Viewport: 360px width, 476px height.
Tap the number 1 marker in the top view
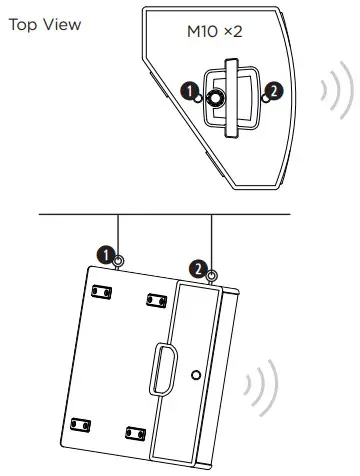pyautogui.click(x=186, y=93)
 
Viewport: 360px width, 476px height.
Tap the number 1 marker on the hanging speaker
pyautogui.click(x=104, y=256)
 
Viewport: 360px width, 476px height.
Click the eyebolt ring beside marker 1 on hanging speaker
pyautogui.click(x=119, y=261)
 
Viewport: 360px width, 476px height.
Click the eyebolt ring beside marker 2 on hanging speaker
pyautogui.click(x=211, y=274)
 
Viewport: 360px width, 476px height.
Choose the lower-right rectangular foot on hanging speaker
pyautogui.click(x=131, y=432)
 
